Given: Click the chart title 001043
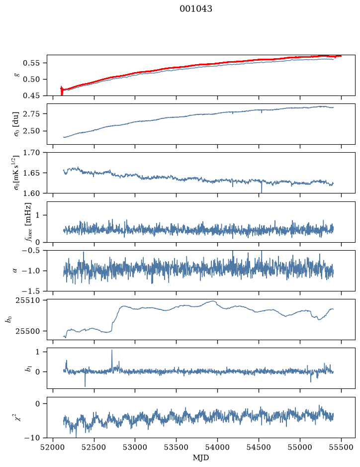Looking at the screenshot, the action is click(196, 8).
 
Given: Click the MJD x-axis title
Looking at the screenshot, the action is click(201, 458).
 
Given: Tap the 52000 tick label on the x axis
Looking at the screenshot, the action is click(53, 447).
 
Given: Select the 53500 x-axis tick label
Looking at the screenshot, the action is click(177, 447).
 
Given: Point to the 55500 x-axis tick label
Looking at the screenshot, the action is click(341, 447).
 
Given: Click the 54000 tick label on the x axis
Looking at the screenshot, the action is click(217, 447).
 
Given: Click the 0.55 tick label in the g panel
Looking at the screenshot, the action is click(31, 63).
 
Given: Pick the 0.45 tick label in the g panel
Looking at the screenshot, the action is click(31, 95).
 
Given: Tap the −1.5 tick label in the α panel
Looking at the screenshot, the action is click(31, 291).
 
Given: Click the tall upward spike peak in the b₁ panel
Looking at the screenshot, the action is click(112, 350).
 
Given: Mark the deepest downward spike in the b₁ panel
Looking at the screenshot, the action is click(85, 386).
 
